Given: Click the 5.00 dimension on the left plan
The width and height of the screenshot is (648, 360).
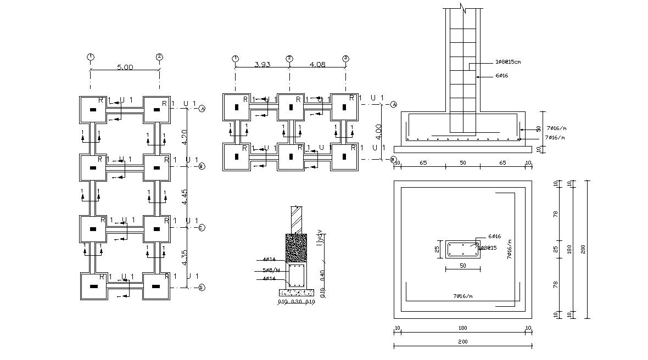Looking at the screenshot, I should (x=125, y=67).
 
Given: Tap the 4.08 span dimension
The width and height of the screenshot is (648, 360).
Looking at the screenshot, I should (x=318, y=64).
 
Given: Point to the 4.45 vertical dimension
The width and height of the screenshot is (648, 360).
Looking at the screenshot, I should (x=185, y=196).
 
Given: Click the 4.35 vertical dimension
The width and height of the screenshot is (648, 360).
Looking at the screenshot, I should (x=185, y=258).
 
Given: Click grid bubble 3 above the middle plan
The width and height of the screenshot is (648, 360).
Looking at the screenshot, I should (x=345, y=58).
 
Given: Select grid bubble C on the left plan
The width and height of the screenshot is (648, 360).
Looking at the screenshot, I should (x=202, y=228).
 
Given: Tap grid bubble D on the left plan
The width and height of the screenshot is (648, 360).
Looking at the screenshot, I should (x=202, y=288).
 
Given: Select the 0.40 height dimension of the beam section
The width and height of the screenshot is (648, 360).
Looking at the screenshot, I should (x=322, y=273).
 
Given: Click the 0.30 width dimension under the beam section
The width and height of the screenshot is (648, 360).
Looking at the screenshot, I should (x=297, y=301).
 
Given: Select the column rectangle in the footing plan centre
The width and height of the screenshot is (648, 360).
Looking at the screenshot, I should (x=463, y=250).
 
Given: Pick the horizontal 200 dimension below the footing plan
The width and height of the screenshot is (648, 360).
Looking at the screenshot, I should (x=462, y=341).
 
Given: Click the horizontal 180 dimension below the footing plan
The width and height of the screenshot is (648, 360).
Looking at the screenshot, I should (x=462, y=329).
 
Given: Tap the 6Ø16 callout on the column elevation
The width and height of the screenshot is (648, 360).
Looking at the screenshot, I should (x=501, y=76).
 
